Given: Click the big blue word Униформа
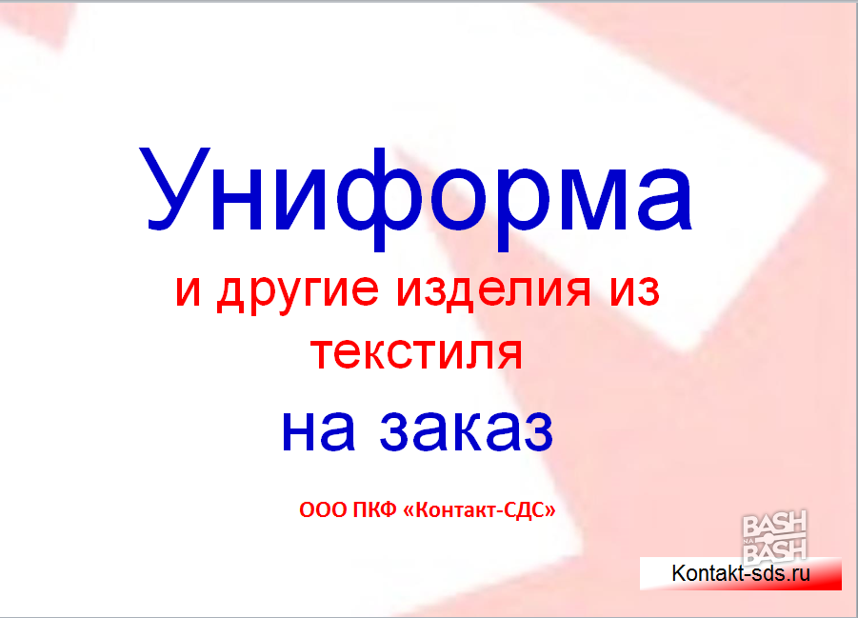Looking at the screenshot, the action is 416,197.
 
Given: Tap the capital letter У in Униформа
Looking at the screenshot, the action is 174,189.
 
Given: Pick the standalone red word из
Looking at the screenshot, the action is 635,289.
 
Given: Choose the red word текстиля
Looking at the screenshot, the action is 416,353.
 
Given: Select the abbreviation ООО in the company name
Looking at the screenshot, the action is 323,510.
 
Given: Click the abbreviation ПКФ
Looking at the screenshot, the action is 374,510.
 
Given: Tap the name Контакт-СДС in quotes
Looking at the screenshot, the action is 479,510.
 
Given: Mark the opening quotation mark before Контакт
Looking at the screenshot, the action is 409,511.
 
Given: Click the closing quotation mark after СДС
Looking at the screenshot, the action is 549,511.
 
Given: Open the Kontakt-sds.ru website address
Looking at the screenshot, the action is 740,573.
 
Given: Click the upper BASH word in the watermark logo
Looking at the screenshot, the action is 774,524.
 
